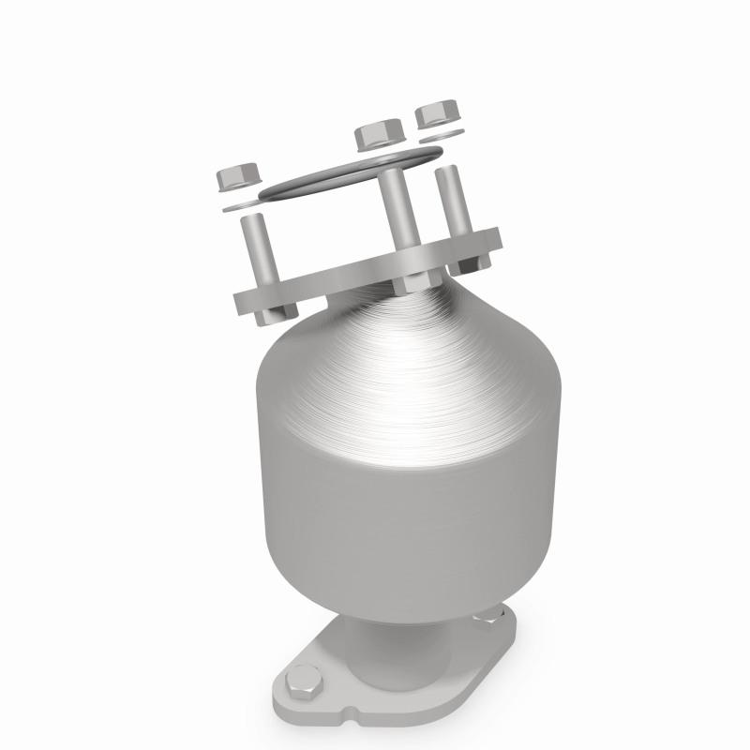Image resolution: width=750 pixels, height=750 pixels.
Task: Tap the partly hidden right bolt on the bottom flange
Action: click(487, 620)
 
